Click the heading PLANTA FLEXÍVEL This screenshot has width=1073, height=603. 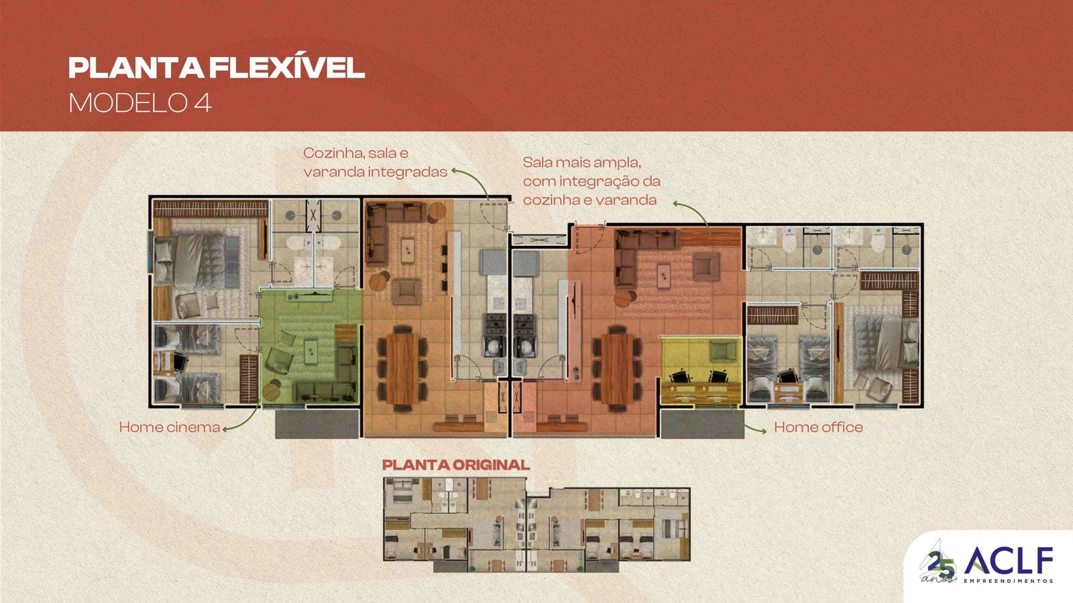[217, 68]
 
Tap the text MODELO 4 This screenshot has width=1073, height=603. [140, 103]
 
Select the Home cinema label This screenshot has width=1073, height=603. [170, 427]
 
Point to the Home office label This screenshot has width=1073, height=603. [818, 427]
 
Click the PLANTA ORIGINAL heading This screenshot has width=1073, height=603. [456, 465]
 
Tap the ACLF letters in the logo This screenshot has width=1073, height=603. [1009, 561]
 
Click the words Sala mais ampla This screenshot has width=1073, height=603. [582, 162]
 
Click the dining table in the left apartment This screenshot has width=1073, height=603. [402, 368]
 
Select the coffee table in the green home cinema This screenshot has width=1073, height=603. [311, 348]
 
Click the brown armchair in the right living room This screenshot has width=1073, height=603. [707, 267]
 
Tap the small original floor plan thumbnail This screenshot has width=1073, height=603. [536, 525]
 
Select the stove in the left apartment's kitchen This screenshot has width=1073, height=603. [496, 324]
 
